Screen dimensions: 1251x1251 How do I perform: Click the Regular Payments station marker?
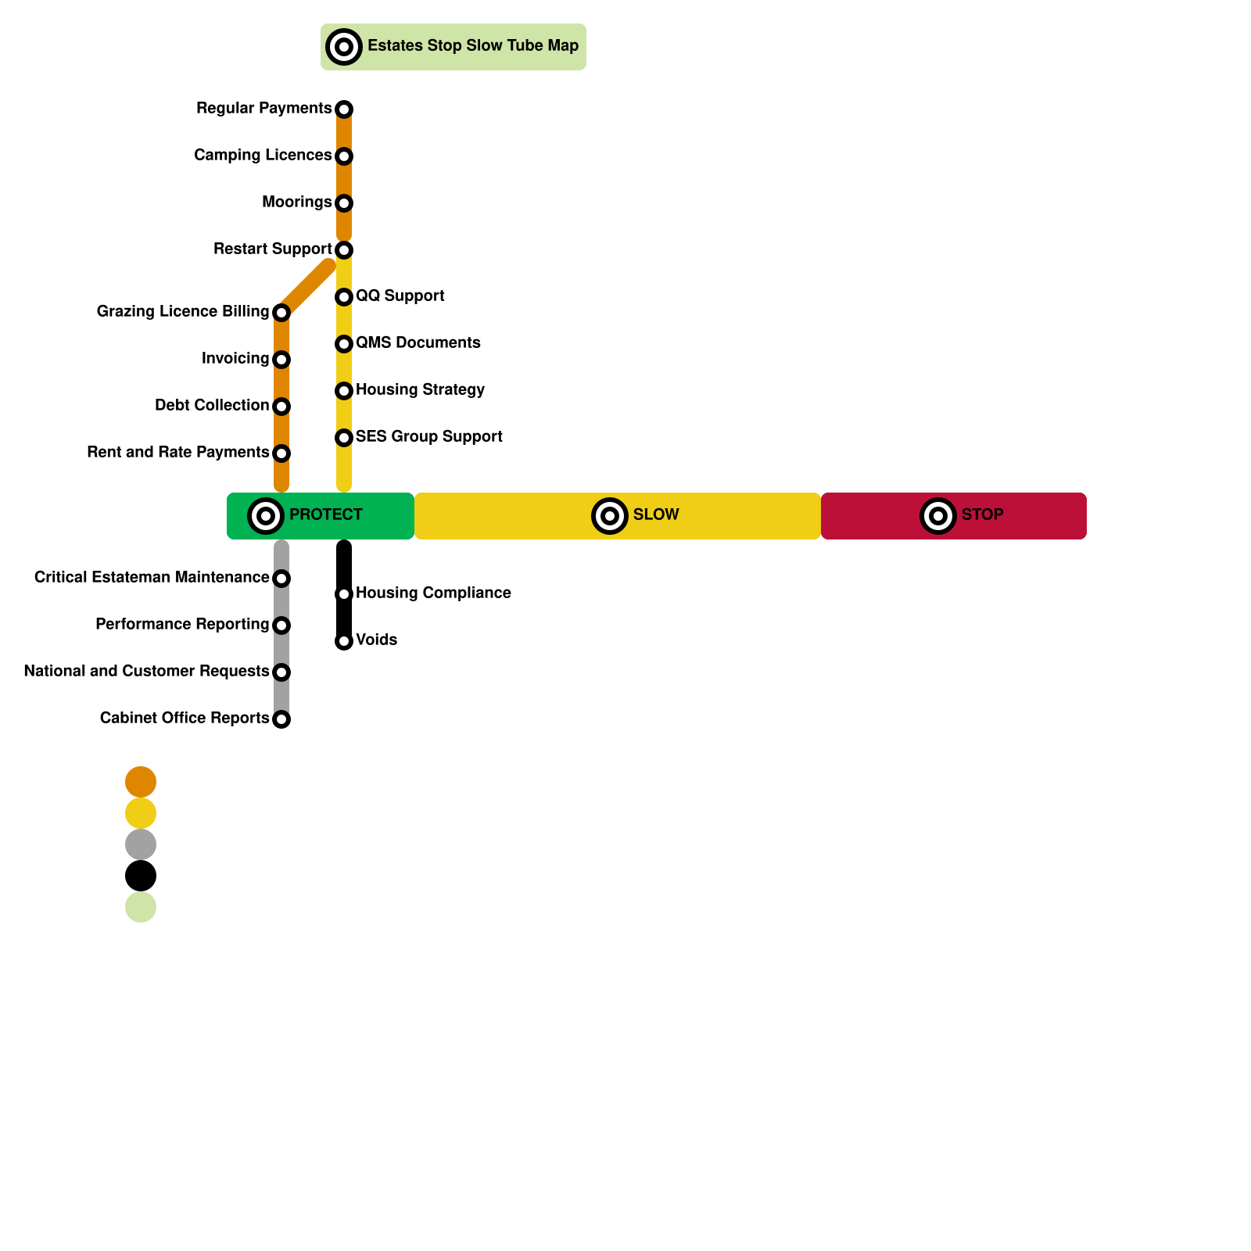(344, 109)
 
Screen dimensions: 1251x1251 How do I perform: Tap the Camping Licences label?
(263, 156)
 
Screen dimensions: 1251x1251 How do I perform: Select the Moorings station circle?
(344, 203)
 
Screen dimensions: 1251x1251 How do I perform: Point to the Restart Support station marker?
(344, 250)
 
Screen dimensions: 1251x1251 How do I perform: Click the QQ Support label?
(400, 296)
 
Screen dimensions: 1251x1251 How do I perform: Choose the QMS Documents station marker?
(344, 344)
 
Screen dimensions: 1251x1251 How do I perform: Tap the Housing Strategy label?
(420, 390)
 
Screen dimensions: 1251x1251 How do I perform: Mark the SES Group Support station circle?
(344, 438)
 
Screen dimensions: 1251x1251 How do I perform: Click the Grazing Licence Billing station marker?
(281, 313)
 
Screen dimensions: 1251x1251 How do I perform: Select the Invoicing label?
(235, 359)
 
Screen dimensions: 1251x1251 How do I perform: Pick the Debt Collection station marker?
(281, 407)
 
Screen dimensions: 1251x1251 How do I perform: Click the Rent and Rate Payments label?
(178, 453)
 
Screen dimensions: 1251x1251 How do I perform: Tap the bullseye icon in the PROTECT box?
(266, 516)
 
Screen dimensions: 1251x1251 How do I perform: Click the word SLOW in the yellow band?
(656, 515)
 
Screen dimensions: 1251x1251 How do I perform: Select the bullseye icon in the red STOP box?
(938, 516)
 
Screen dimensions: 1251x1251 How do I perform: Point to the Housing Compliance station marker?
(344, 594)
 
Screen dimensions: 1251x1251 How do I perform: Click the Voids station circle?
(344, 641)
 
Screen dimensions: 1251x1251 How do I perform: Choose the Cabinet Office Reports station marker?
(281, 719)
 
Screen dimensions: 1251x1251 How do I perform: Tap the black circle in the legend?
(141, 876)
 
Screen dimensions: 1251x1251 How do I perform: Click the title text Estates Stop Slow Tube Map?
(473, 46)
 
